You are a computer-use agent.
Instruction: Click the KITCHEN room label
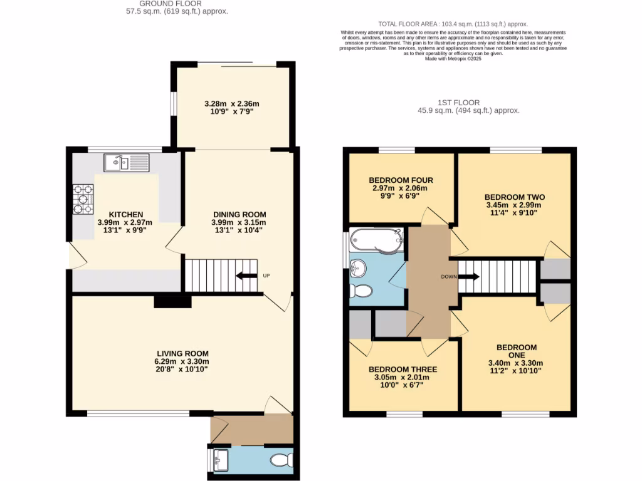point(126,214)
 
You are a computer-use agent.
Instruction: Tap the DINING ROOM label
point(239,214)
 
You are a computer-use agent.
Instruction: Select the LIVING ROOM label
point(182,353)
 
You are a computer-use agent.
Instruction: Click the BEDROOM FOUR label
point(401,180)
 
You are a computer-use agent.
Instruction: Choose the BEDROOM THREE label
point(403,369)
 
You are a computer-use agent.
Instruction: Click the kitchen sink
point(126,163)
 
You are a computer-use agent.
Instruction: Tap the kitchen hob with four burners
point(83,199)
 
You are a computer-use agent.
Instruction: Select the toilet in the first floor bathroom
point(360,291)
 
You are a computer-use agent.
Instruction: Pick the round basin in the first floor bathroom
point(357,268)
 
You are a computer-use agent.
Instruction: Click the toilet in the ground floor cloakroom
point(282,461)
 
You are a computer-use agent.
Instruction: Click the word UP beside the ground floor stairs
point(266,276)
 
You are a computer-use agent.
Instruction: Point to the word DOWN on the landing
point(448,276)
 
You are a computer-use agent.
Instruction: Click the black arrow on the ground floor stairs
point(246,276)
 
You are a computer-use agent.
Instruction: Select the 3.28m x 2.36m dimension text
point(232,104)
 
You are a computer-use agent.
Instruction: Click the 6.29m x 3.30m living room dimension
point(182,361)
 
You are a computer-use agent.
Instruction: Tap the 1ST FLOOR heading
point(458,102)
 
